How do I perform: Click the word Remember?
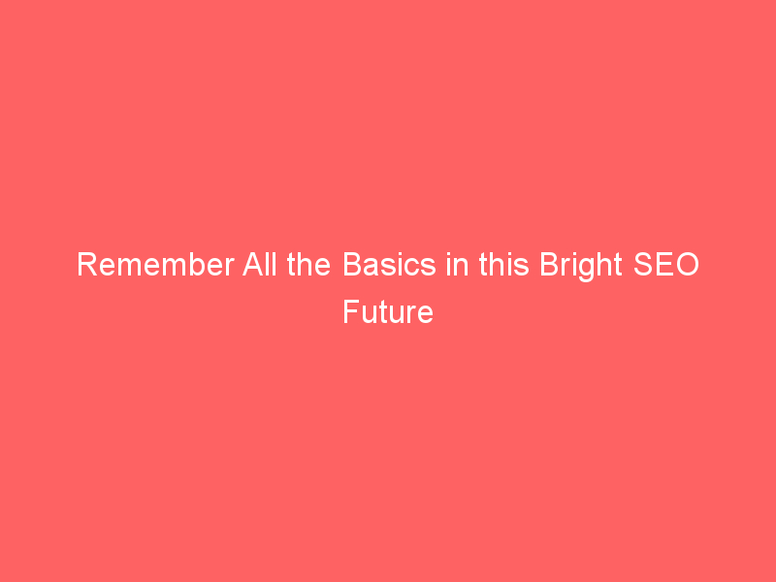pyautogui.click(x=155, y=264)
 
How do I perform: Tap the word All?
pyautogui.click(x=259, y=264)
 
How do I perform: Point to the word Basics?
pyautogui.click(x=390, y=264)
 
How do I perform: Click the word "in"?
pyautogui.click(x=457, y=264)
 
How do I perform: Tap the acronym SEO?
pyautogui.click(x=666, y=264)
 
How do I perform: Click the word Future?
pyautogui.click(x=388, y=311)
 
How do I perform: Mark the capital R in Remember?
pyautogui.click(x=87, y=264)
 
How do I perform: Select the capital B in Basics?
pyautogui.click(x=352, y=264)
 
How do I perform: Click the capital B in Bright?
pyautogui.click(x=549, y=264)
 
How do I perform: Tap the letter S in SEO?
pyautogui.click(x=643, y=264)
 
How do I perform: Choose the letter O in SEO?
pyautogui.click(x=687, y=264)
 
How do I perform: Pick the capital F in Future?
pyautogui.click(x=351, y=311)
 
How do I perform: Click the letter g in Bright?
pyautogui.click(x=586, y=271)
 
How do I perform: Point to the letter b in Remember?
pyautogui.click(x=198, y=265)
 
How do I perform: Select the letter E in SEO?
pyautogui.click(x=664, y=264)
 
